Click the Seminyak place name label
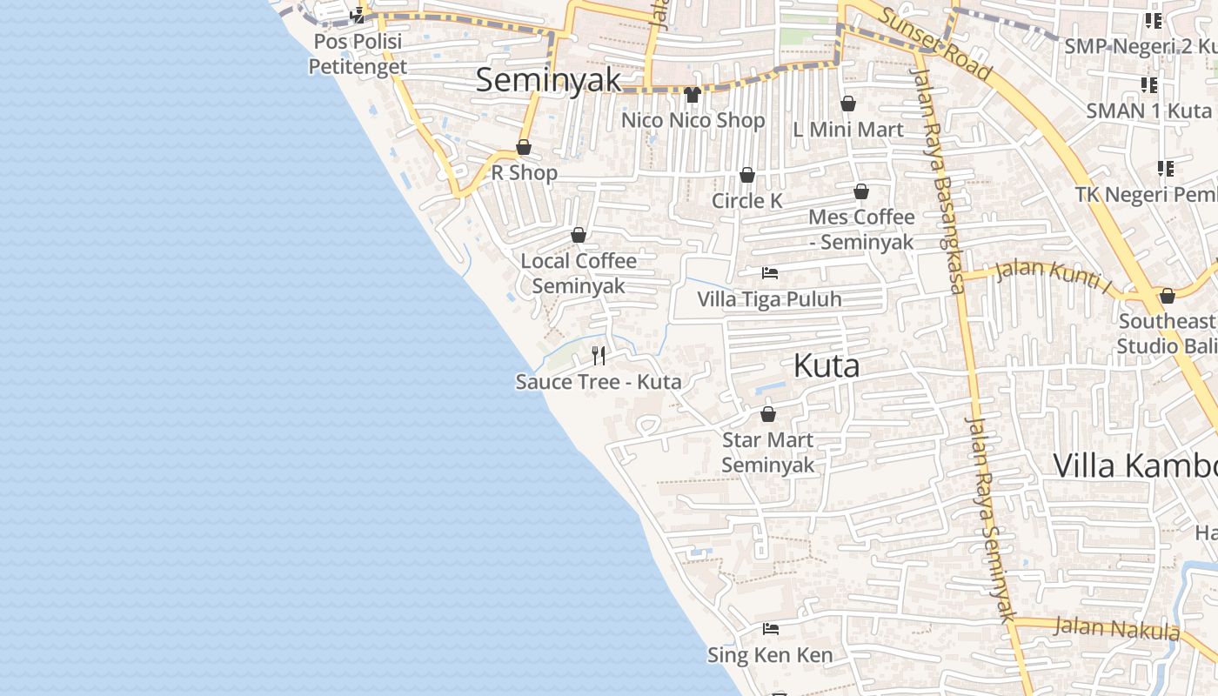click(548, 80)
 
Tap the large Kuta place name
click(826, 365)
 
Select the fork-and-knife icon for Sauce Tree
click(599, 355)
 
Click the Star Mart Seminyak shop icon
click(767, 414)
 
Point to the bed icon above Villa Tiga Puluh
click(770, 273)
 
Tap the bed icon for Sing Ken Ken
click(770, 628)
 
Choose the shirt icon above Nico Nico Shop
click(693, 94)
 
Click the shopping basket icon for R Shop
click(524, 147)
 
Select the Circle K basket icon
click(746, 176)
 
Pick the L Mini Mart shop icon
click(848, 104)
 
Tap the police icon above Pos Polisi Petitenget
click(357, 15)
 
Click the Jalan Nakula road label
click(1116, 627)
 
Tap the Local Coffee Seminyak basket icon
click(579, 235)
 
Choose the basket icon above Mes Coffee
click(861, 191)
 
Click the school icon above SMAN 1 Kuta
click(1149, 85)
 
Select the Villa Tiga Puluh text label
click(769, 299)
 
